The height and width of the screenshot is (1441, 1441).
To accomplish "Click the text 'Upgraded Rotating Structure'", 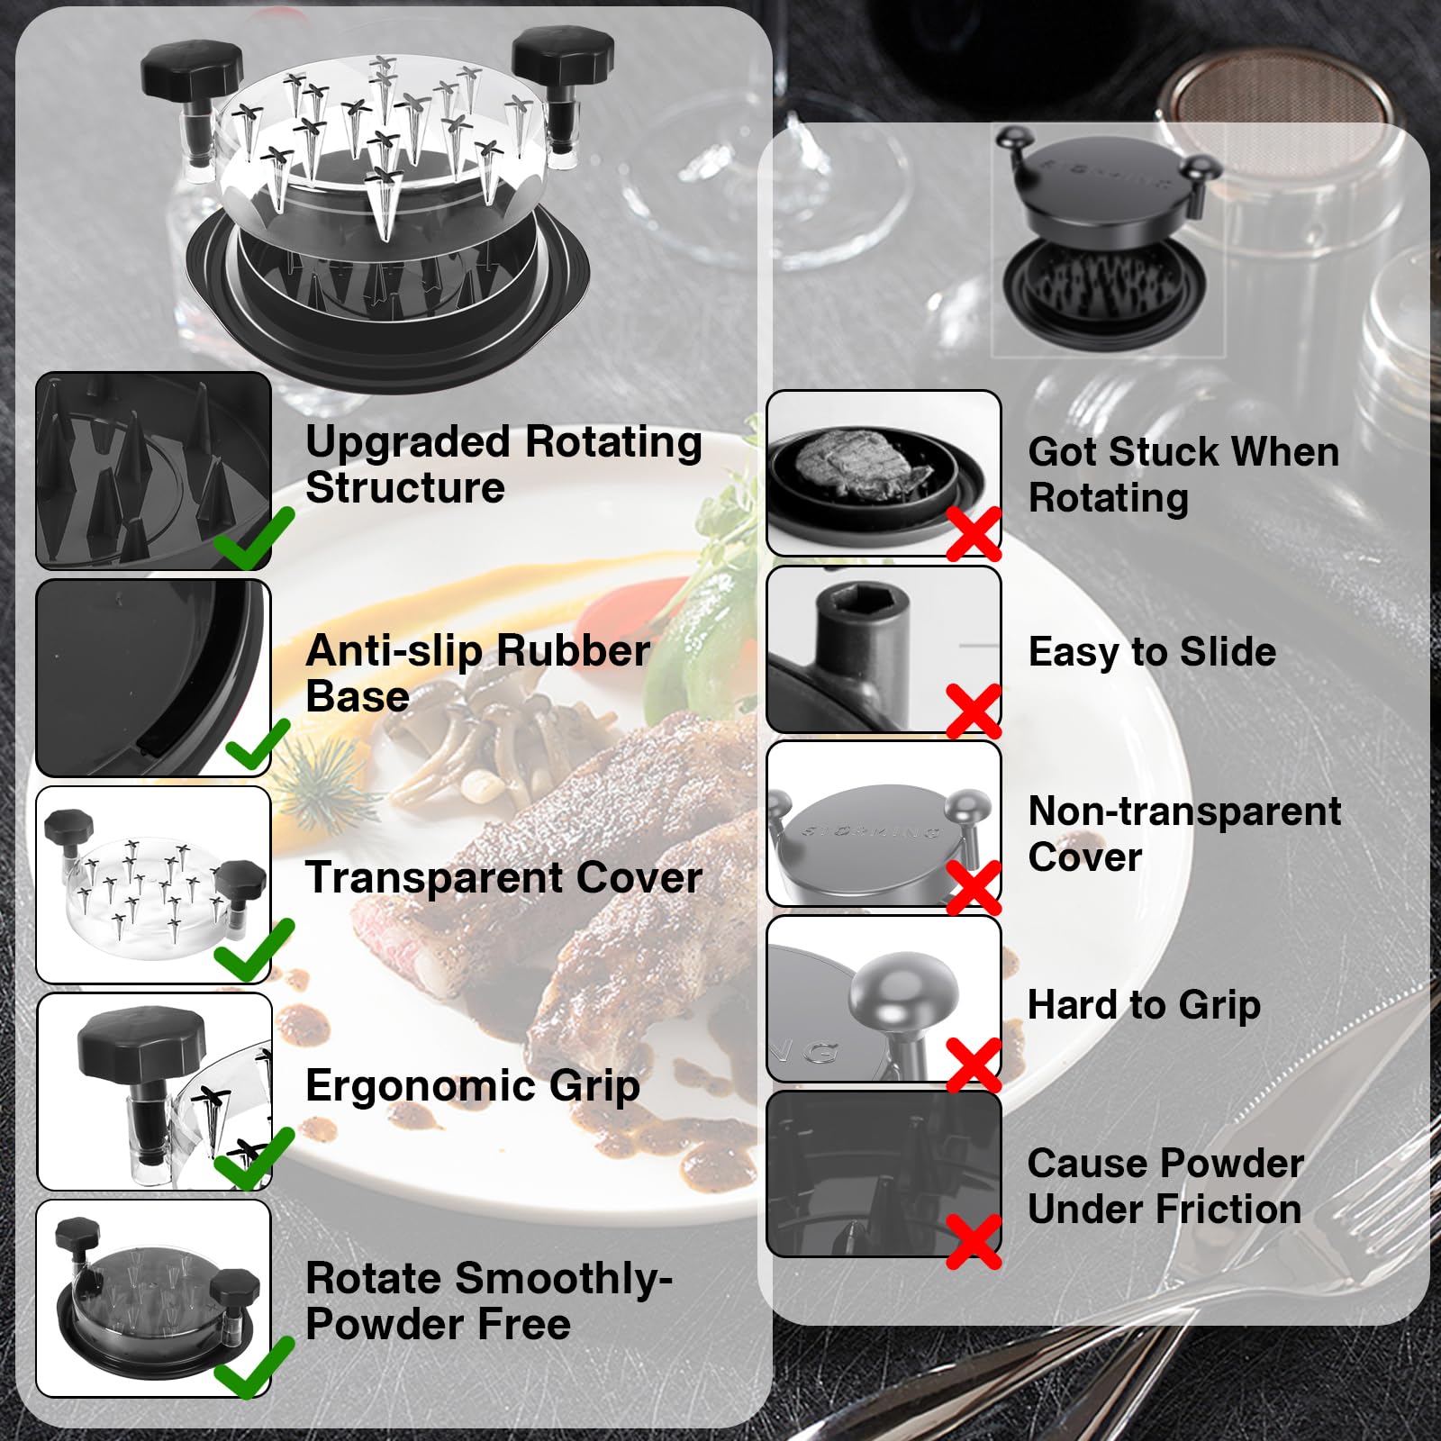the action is [503, 465].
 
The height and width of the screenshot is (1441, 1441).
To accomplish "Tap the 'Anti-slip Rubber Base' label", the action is [477, 674].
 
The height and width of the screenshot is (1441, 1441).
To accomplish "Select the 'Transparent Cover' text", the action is [503, 878].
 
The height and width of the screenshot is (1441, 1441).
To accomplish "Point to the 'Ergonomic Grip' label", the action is [473, 1086].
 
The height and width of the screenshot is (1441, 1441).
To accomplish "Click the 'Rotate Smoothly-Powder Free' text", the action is [489, 1301].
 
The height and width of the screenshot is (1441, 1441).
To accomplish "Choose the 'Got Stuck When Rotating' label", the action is [1183, 475].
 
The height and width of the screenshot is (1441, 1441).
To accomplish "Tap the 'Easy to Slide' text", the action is [1152, 651].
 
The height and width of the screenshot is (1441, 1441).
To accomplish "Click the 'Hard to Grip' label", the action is [1144, 1005].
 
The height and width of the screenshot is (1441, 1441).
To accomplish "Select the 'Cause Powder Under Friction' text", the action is [1165, 1186].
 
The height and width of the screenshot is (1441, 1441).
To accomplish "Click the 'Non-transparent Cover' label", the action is [1184, 834].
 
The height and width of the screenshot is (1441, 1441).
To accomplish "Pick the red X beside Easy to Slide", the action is [974, 711].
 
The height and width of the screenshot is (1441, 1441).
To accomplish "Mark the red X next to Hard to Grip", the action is [974, 1065].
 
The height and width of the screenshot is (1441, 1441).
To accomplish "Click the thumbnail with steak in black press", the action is [884, 474].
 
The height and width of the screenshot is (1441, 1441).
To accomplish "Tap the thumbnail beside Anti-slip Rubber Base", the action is [153, 678].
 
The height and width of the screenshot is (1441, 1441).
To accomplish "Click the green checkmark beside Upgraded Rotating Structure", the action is [256, 538].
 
